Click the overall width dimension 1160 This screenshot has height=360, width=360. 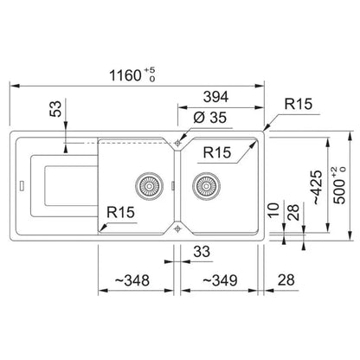[125, 75]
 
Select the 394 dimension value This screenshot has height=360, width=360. [215, 97]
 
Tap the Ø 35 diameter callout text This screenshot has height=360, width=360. [210, 117]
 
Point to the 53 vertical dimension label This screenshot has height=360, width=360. [55, 109]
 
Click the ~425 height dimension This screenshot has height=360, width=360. [318, 187]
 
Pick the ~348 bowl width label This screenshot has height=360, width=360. [132, 280]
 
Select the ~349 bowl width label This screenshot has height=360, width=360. [220, 280]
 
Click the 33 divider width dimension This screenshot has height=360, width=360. [202, 252]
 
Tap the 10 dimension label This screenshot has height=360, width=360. [273, 210]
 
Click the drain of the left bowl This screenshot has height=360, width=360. [150, 186]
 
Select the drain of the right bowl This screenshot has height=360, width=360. [207, 186]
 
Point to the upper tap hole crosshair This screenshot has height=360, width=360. [177, 143]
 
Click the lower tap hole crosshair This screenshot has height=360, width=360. [177, 229]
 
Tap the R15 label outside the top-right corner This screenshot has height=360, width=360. [299, 104]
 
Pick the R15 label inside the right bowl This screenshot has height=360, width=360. [217, 152]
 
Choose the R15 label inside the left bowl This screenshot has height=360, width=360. [120, 212]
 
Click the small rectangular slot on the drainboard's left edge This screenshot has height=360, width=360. [22, 185]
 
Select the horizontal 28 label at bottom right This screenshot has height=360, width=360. [286, 280]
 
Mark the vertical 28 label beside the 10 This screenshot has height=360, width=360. [294, 213]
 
